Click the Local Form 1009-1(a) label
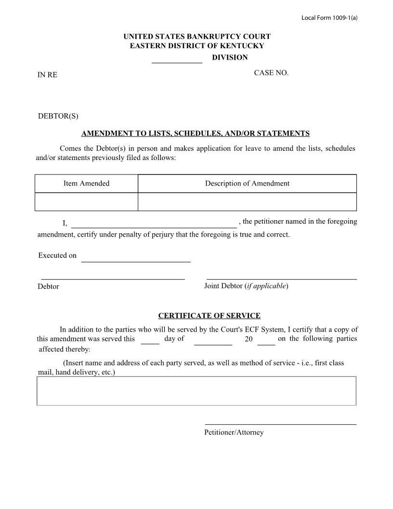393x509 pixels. pyautogui.click(x=329, y=18)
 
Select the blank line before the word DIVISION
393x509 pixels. pyautogui.click(x=177, y=62)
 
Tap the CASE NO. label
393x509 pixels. pyautogui.click(x=271, y=73)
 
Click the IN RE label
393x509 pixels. pyautogui.click(x=48, y=75)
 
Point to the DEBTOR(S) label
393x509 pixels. pyautogui.click(x=58, y=116)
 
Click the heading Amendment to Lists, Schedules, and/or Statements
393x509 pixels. pyautogui.click(x=195, y=134)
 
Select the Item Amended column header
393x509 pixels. pyautogui.click(x=86, y=183)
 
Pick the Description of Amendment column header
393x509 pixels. pyautogui.click(x=247, y=183)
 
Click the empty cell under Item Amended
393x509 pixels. pyautogui.click(x=86, y=201)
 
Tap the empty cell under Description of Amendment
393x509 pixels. pyautogui.click(x=247, y=201)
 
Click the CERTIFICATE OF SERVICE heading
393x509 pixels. pyautogui.click(x=209, y=316)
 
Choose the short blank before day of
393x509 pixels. pyautogui.click(x=150, y=342)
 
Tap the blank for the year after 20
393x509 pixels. pyautogui.click(x=266, y=343)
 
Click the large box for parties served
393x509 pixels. pyautogui.click(x=196, y=391)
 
